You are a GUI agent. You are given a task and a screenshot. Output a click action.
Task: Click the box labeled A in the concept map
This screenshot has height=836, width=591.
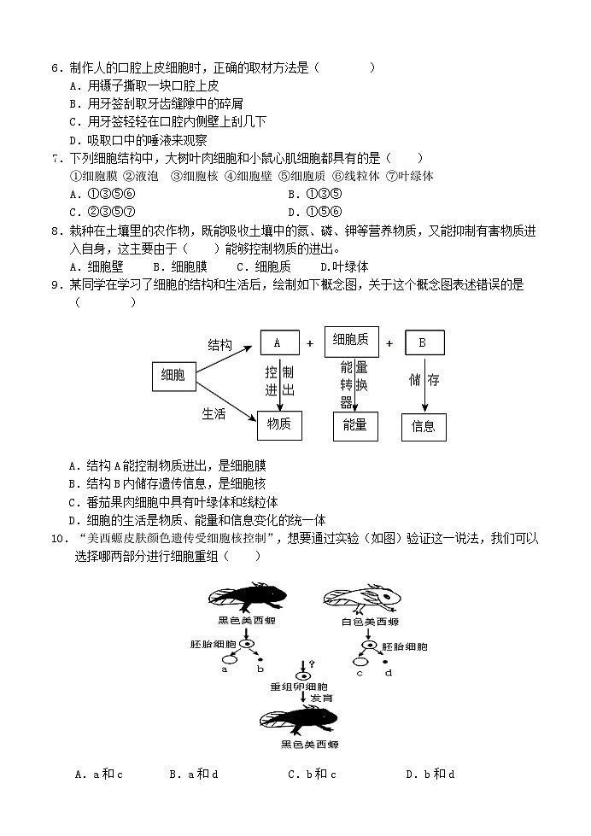[279, 342]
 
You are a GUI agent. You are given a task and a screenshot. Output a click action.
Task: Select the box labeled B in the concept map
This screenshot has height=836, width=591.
[424, 342]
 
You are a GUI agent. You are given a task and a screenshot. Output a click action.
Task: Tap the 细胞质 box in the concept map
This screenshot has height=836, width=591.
[350, 340]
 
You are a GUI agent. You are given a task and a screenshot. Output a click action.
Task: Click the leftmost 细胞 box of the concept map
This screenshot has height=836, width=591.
[173, 375]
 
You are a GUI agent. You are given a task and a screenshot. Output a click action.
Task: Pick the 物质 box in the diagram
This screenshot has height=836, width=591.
[279, 424]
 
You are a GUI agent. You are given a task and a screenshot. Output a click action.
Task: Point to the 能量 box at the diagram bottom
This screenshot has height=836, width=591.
[354, 425]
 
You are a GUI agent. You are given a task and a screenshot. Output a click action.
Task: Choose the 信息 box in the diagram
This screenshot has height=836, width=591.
[424, 426]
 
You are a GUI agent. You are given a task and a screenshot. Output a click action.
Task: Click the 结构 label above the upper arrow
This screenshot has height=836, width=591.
[219, 344]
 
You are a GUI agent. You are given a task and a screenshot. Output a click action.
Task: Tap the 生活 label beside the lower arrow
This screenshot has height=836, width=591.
[214, 413]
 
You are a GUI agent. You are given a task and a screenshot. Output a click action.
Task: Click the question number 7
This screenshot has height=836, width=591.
[56, 158]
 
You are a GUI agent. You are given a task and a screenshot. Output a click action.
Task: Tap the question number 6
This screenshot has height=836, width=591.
[56, 68]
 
